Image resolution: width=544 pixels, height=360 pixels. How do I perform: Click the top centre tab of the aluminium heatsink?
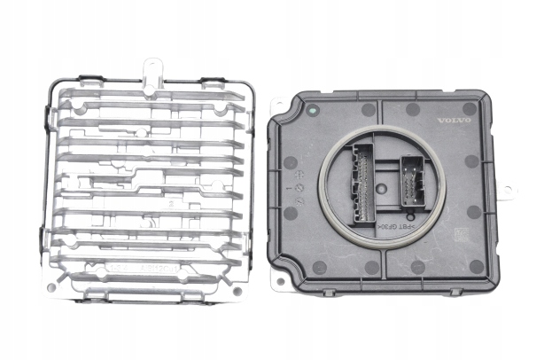[152, 67]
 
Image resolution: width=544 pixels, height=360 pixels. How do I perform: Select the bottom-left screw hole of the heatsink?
[52, 286]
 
